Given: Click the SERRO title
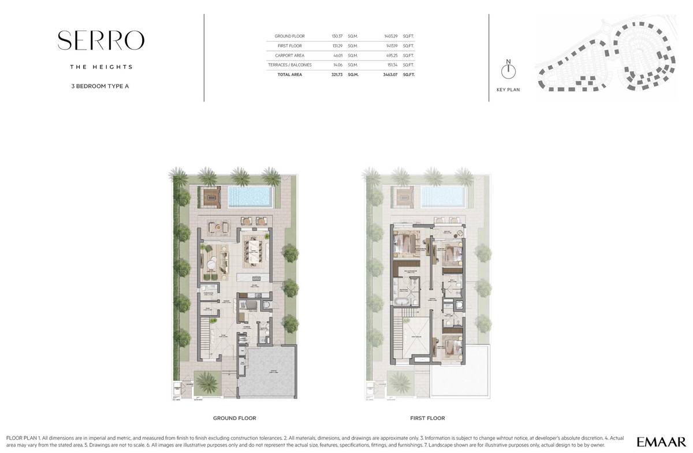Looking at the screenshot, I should (101, 40).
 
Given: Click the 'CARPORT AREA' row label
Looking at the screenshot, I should (290, 55).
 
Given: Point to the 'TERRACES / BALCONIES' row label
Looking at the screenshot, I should (290, 65).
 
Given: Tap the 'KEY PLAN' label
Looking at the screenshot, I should (508, 90).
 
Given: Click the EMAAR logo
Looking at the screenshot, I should (661, 442).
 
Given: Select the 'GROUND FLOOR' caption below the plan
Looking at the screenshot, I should (234, 418).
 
